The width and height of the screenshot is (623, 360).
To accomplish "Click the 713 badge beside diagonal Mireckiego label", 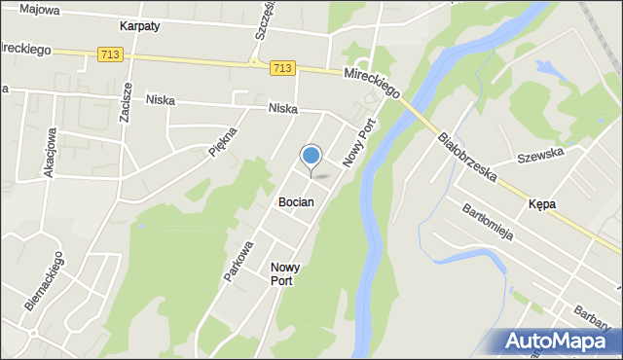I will pos(282,67).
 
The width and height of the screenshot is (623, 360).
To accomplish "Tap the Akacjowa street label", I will pos(49,152).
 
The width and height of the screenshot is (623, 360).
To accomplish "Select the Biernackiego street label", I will pos(46,281).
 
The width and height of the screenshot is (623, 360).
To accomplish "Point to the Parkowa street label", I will pos(238,261).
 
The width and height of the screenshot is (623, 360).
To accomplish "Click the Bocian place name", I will pos(295,202).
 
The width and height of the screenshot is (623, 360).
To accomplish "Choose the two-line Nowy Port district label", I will pos(285,273).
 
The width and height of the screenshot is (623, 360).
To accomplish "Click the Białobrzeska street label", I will pos(468,159).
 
